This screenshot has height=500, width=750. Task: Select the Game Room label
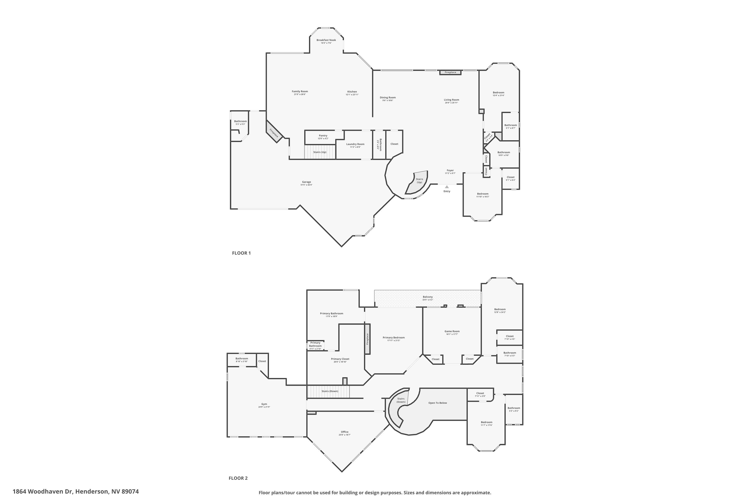point(452,331)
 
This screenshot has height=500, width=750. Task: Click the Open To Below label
point(437,403)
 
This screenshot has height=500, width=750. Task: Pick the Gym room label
point(264,404)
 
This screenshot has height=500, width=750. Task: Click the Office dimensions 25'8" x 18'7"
point(344,435)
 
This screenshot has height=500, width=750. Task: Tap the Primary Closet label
point(340,359)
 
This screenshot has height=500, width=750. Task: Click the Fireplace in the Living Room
point(450,72)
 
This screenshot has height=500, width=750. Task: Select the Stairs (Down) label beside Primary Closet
point(330,391)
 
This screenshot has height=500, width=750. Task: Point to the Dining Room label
point(388,97)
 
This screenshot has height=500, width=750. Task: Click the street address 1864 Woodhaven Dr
point(75,491)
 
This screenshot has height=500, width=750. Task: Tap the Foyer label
point(450,170)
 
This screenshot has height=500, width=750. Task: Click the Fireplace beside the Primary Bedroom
point(367,339)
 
